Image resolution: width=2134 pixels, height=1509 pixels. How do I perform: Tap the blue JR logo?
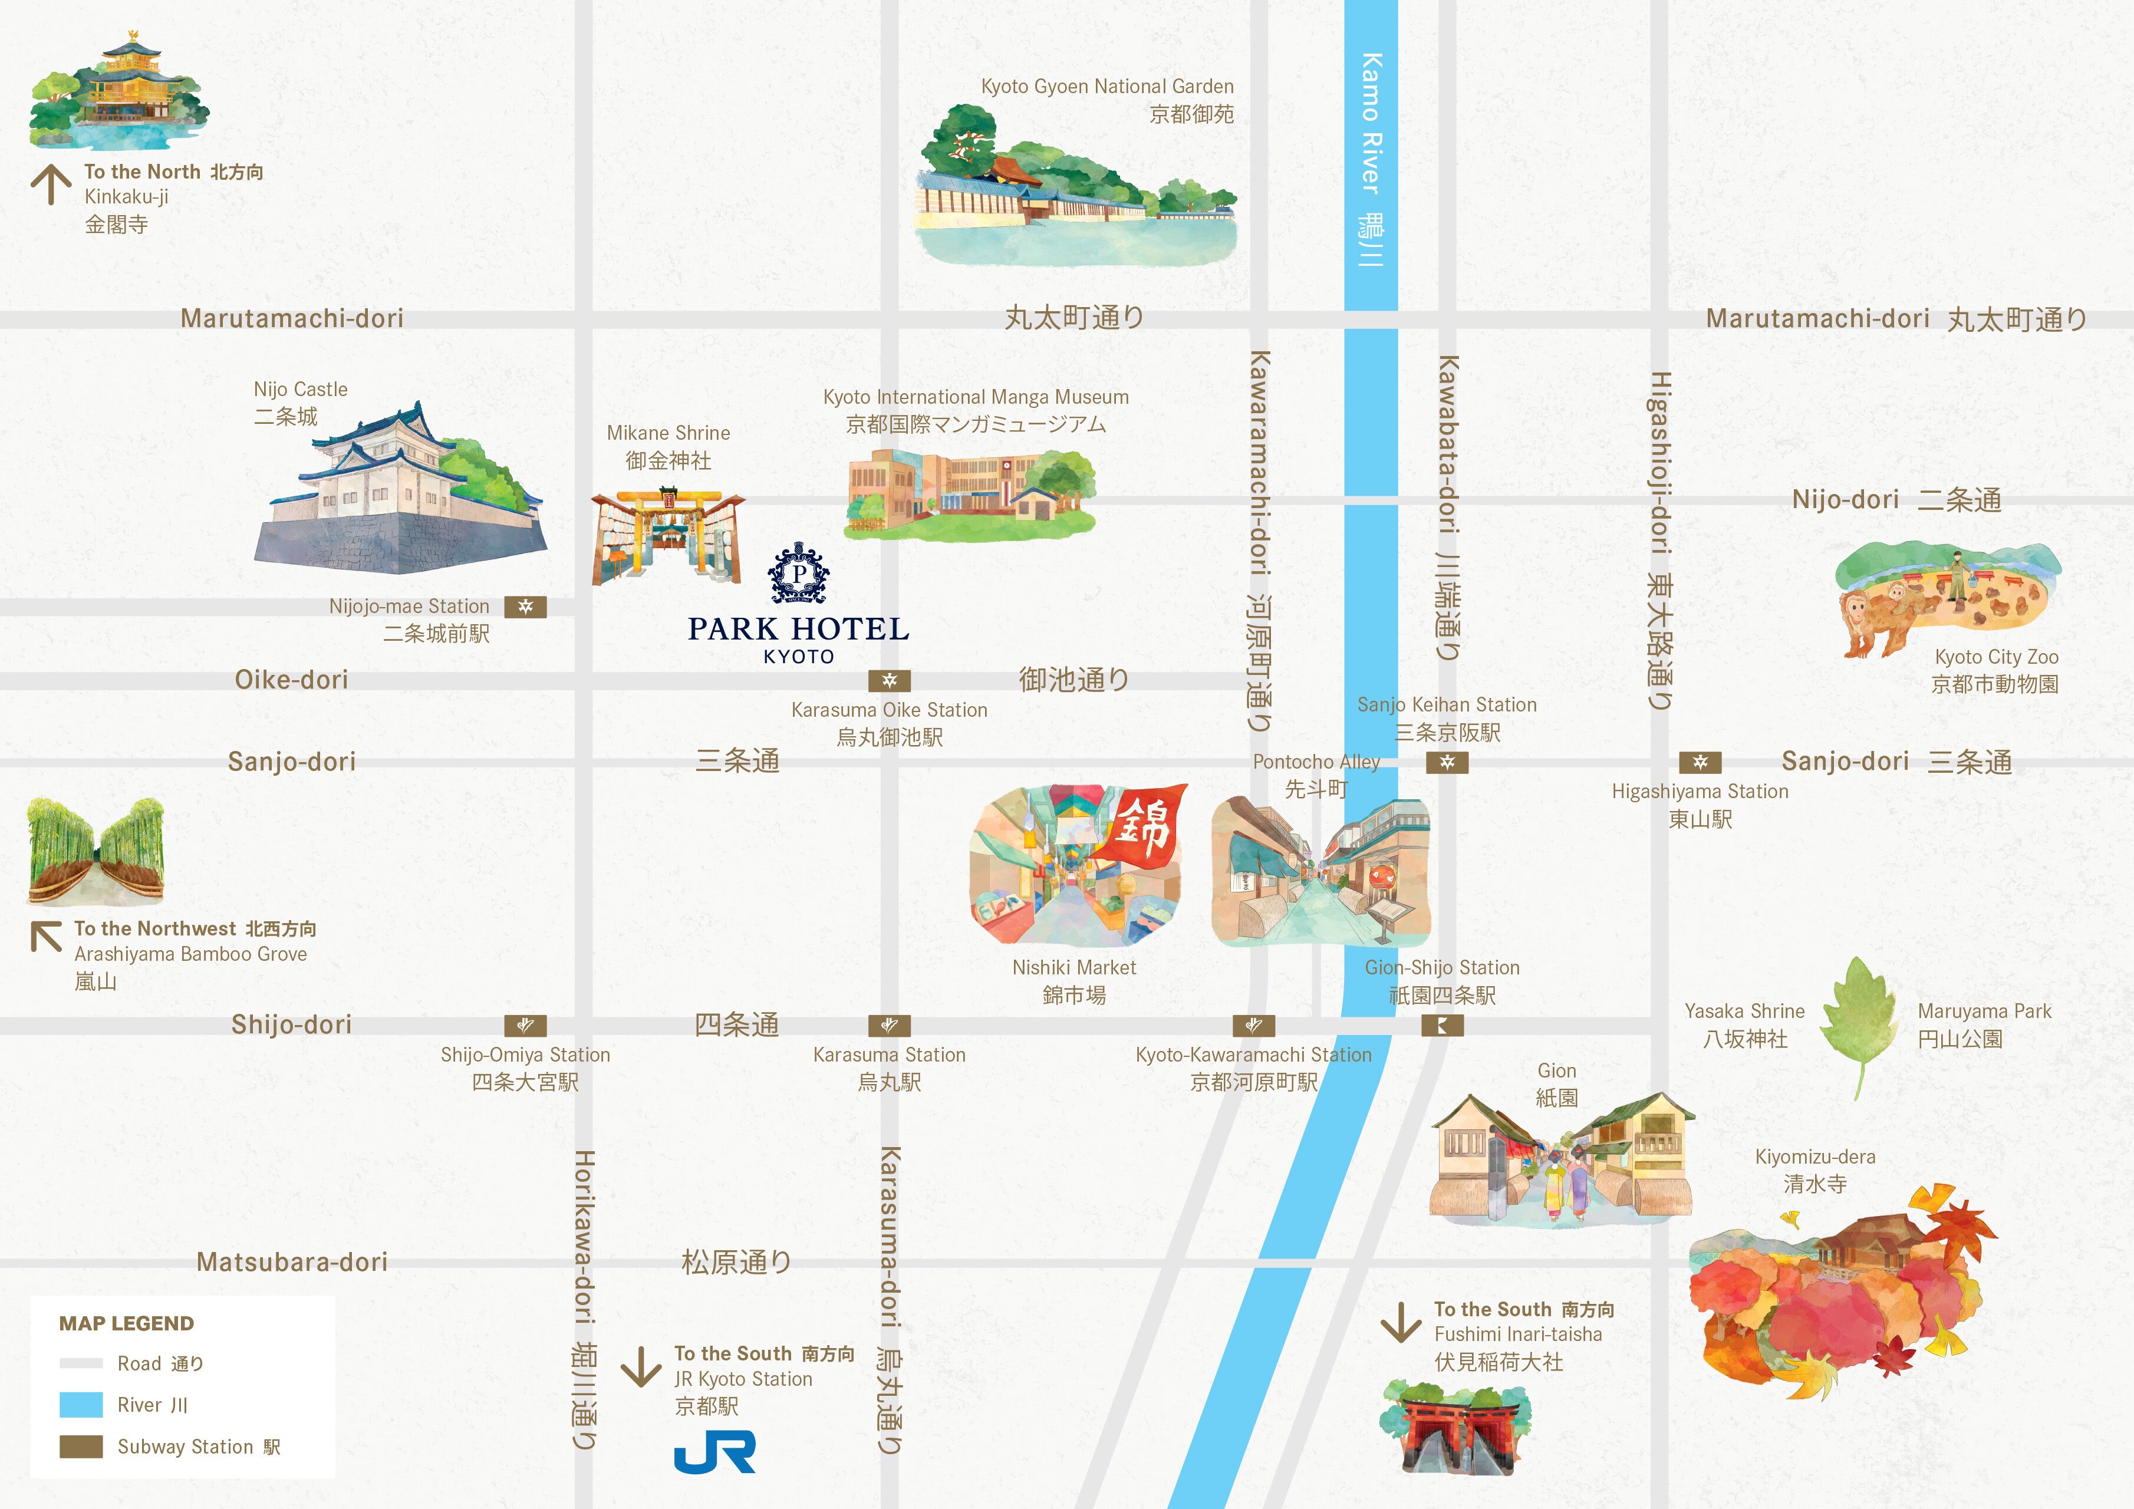click(x=714, y=1451)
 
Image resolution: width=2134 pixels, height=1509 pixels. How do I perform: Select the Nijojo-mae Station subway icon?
click(x=525, y=607)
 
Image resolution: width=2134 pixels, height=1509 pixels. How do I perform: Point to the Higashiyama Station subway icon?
click(x=1700, y=763)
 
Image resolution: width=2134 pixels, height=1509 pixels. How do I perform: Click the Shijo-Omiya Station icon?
click(x=525, y=1026)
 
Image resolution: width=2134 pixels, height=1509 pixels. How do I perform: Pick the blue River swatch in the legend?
click(x=81, y=1405)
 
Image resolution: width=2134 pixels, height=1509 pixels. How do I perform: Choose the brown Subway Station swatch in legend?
click(x=81, y=1447)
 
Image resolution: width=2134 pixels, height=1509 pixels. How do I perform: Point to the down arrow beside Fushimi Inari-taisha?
click(x=1401, y=1322)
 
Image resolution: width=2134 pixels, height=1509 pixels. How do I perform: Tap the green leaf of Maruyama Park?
click(x=1857, y=1019)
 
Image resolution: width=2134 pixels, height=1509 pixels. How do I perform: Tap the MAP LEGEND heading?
click(x=126, y=1323)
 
